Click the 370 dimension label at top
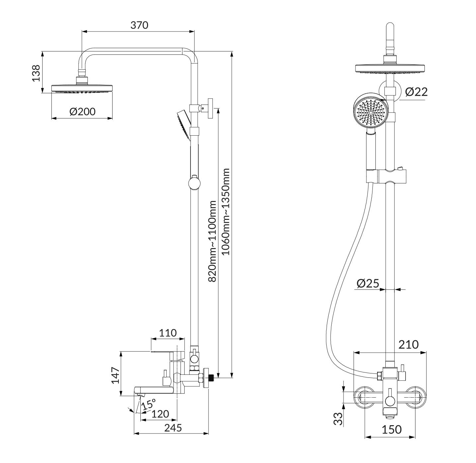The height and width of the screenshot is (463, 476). click(139, 25)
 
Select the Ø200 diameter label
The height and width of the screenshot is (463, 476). click(82, 111)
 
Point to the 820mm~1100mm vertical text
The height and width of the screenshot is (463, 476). click(212, 241)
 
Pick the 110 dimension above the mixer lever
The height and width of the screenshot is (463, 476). click(168, 333)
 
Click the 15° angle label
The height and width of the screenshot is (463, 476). click(148, 404)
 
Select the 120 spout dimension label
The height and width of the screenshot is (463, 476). click(160, 414)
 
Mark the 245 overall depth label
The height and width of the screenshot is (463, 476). click(173, 428)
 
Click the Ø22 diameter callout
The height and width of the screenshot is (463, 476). click(416, 92)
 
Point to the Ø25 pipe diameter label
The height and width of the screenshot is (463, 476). click(367, 283)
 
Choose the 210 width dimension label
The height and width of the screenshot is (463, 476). click(408, 345)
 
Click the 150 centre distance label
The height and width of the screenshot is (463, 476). click(391, 430)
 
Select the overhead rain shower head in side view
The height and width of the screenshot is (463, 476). click(82, 89)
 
